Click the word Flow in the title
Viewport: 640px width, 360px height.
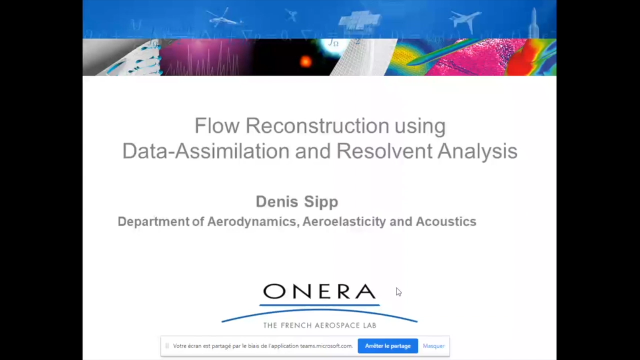[x=217, y=125]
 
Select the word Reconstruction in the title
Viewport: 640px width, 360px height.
[x=317, y=125]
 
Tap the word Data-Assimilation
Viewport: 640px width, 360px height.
[x=205, y=151]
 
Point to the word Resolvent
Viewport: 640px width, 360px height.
[x=384, y=151]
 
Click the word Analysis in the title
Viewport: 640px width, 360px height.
[x=477, y=151]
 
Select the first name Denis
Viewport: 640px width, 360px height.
[x=277, y=201]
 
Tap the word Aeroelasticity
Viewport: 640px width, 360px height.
[x=344, y=221]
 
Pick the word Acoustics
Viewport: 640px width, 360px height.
[x=446, y=221]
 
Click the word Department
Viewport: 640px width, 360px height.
[x=153, y=221]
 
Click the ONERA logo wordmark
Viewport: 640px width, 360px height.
[x=319, y=291]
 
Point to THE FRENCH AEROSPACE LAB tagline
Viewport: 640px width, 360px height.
[x=319, y=325]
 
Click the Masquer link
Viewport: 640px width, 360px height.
[x=433, y=346]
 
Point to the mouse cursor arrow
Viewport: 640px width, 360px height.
[x=398, y=291]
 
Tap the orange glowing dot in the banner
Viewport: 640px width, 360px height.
[x=305, y=61]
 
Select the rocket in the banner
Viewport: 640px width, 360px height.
[x=533, y=23]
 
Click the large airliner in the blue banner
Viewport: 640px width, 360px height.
[x=465, y=20]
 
